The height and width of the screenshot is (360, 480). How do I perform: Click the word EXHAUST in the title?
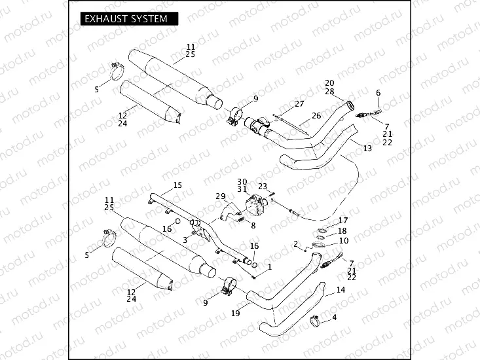coord(105,19)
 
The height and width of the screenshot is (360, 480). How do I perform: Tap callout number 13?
coord(367,149)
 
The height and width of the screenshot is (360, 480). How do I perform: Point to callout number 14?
coord(341,289)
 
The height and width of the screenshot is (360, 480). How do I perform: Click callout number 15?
coord(177,185)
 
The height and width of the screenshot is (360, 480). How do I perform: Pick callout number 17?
coord(343,221)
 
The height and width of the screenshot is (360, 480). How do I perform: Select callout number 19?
coord(234,314)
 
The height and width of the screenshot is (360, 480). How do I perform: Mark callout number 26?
coord(316,116)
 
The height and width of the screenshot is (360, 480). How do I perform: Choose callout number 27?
coord(299,104)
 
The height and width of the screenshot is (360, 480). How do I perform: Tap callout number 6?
coord(378,94)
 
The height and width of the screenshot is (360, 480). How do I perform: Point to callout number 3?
coord(185,240)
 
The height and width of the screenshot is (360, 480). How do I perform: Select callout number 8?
coord(253,225)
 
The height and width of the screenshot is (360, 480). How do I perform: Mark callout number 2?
coord(295,243)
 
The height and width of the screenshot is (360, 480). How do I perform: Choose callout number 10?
coord(343,241)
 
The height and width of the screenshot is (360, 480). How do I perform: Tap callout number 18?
coord(343,231)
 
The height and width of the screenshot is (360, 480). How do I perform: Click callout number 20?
coord(329,83)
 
